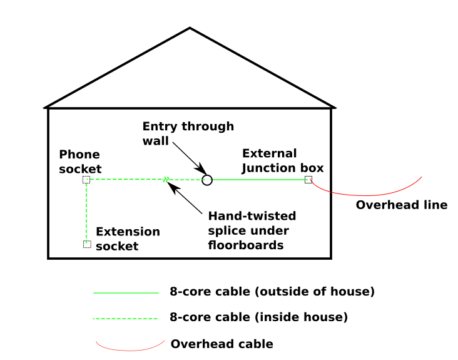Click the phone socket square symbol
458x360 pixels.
coord(86,180)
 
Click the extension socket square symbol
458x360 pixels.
coord(87,244)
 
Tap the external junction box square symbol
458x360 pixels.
coord(308,180)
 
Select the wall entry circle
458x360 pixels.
coord(207,180)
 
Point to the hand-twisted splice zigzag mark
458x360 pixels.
coord(166,180)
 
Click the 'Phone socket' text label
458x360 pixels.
coord(80,162)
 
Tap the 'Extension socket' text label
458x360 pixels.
coord(128,239)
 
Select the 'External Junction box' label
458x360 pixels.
coord(282,160)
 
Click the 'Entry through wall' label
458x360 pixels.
coord(188,133)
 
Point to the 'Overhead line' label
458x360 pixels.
coord(401,205)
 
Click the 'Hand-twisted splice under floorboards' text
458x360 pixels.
coord(252,230)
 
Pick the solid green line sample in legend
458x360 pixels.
coord(126,292)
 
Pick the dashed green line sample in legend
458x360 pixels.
coord(125,319)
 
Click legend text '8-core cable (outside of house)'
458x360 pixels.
coord(272,292)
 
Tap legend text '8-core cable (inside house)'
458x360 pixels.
coord(258,317)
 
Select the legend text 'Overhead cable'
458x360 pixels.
coord(221,344)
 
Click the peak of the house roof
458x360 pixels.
coord(190,29)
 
